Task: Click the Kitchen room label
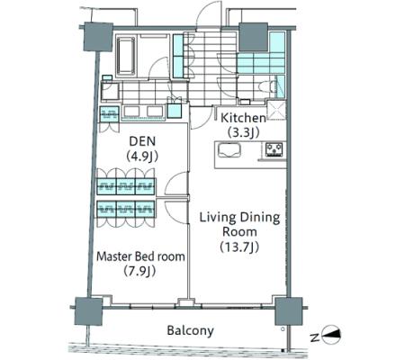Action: click(x=243, y=118)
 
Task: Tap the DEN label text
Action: click(x=142, y=141)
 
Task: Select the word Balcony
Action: click(x=190, y=330)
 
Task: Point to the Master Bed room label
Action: click(x=140, y=256)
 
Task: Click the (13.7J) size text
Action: click(x=239, y=247)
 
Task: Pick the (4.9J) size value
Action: click(x=142, y=156)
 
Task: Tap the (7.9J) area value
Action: click(x=139, y=271)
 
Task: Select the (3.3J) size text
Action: click(x=243, y=132)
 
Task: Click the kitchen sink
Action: click(x=229, y=150)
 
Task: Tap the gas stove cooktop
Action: click(x=274, y=149)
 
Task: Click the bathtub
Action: click(x=126, y=56)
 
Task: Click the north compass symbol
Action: click(x=331, y=334)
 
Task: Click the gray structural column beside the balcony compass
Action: click(x=289, y=311)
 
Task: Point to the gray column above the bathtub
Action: click(x=98, y=37)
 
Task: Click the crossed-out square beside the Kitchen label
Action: click(x=276, y=110)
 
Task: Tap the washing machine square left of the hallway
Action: click(x=110, y=91)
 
